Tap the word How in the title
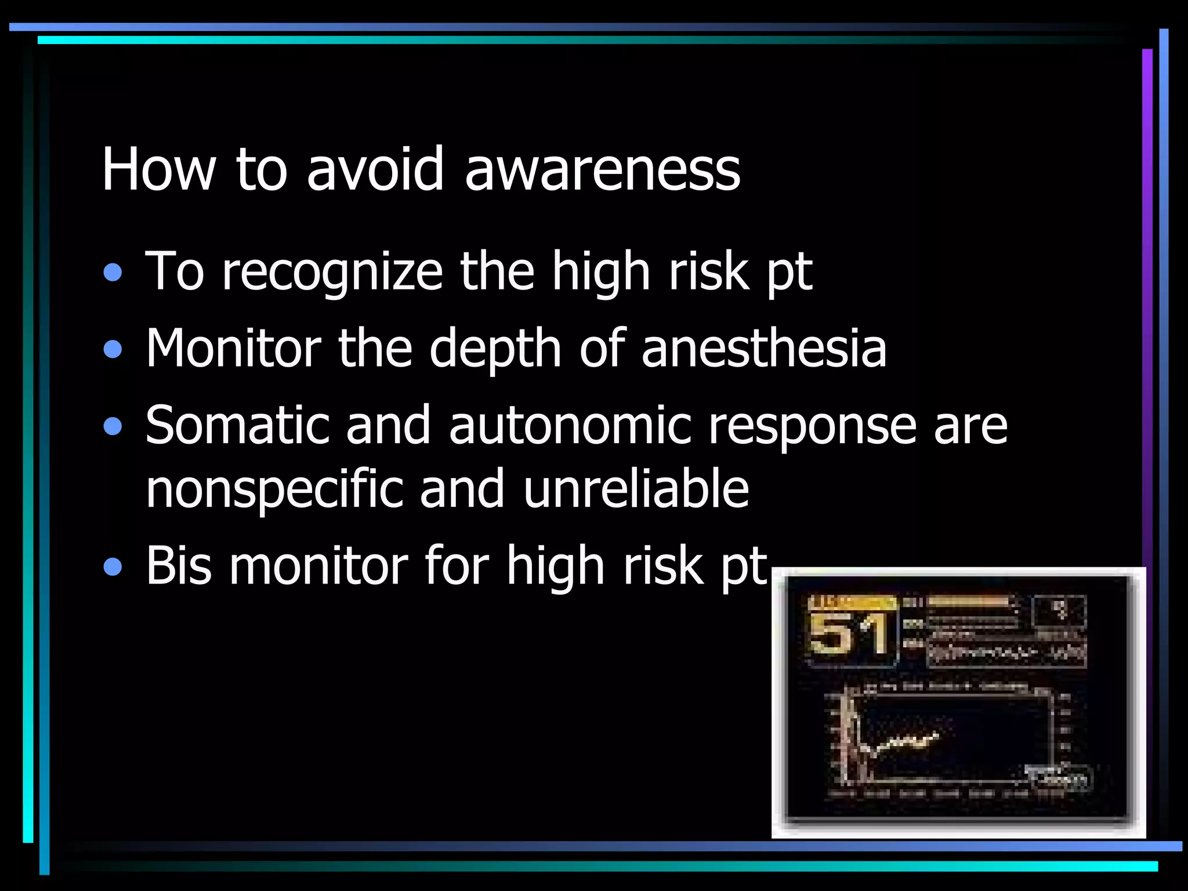(x=158, y=169)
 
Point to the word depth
(x=495, y=349)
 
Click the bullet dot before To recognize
(x=113, y=273)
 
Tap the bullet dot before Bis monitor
(x=113, y=567)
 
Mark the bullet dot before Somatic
(x=113, y=427)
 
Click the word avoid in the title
(x=375, y=169)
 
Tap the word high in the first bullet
(x=600, y=273)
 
